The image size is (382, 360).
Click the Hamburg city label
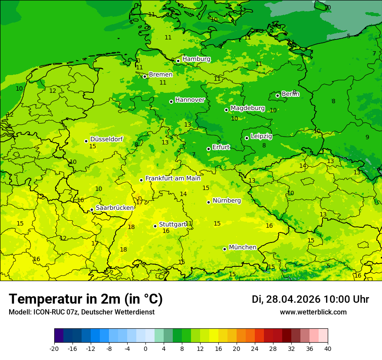tap(196, 59)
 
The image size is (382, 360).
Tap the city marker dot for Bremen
tap(145, 76)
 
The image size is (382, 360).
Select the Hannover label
tap(190, 100)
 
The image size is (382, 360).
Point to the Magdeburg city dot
tap(226, 110)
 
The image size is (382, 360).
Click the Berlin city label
tap(290, 94)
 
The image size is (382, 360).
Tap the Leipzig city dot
tap(247, 138)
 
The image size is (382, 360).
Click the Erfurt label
tap(221, 147)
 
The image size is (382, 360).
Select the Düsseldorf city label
tap(106, 139)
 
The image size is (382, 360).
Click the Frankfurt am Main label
tap(173, 178)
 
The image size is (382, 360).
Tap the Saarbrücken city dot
tap(92, 209)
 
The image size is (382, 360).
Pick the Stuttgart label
tap(172, 224)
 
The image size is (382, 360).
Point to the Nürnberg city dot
tap(208, 202)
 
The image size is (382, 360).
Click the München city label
tap(242, 247)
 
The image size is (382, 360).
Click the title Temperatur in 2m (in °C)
tap(86, 299)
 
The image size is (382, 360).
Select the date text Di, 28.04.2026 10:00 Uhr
tap(310, 299)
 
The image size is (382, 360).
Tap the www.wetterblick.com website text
tap(313, 312)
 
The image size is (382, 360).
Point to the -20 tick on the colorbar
tap(54, 348)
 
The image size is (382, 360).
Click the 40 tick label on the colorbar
tap(327, 348)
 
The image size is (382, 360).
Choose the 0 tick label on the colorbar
tap(145, 348)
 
